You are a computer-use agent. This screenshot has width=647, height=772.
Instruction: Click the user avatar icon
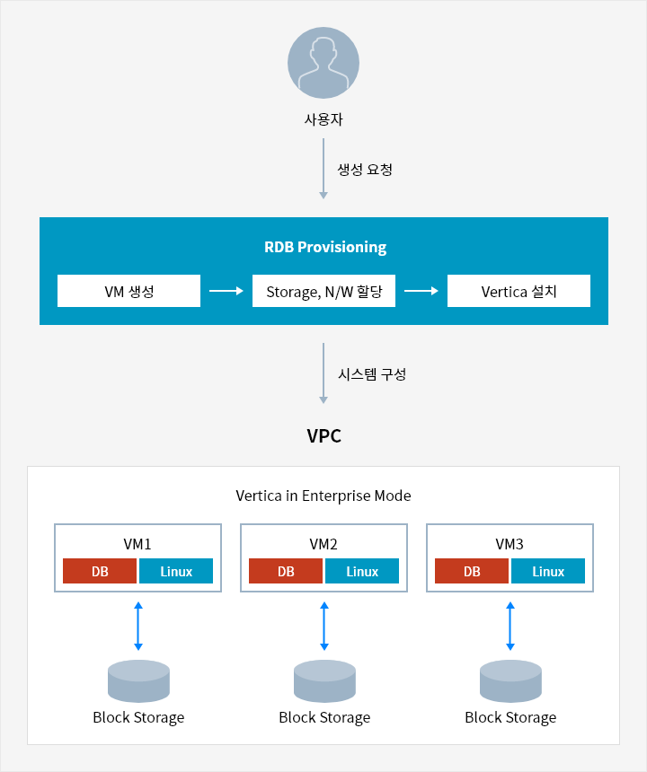[x=323, y=63]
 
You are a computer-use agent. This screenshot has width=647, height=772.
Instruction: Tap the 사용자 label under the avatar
[x=323, y=119]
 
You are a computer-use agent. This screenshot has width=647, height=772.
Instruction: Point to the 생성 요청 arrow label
[x=365, y=170]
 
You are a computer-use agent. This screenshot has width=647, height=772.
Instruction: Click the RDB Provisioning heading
[x=325, y=247]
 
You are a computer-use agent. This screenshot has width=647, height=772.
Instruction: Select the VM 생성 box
[x=129, y=291]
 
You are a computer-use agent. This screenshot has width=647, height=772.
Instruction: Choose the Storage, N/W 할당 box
[x=323, y=291]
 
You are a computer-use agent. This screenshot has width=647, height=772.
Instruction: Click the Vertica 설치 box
[x=518, y=291]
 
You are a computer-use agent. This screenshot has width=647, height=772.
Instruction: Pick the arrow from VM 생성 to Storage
[x=226, y=291]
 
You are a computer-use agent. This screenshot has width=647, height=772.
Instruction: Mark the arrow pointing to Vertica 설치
[x=421, y=291]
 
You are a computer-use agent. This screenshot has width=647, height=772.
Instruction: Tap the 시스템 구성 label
[x=372, y=374]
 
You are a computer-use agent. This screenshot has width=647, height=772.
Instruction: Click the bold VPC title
[x=323, y=435]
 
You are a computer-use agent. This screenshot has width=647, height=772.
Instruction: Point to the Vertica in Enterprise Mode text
[x=323, y=496]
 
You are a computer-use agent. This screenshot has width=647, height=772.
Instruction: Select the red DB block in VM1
[x=100, y=571]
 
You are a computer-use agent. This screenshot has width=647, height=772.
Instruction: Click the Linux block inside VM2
[x=362, y=571]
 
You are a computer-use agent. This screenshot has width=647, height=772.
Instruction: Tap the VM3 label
[x=510, y=544]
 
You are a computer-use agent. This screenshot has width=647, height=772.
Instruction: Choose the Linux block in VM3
[x=548, y=571]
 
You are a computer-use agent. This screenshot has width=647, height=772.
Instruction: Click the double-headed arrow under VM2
[x=324, y=626]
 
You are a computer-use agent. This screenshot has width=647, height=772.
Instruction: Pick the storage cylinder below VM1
[x=138, y=681]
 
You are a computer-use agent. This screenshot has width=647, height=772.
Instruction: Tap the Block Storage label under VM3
[x=510, y=718]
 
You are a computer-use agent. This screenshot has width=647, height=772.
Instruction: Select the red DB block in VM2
[x=286, y=571]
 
